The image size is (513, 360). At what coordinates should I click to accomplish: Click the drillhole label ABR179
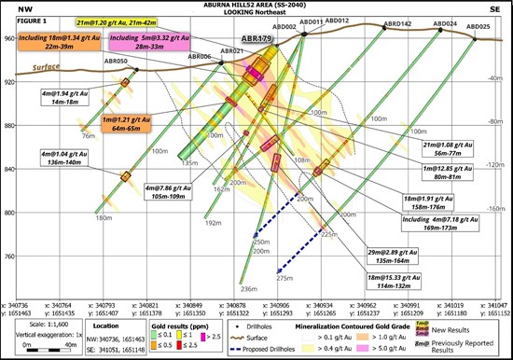pos(256,39)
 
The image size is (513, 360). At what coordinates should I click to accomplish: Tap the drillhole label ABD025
pos(479,27)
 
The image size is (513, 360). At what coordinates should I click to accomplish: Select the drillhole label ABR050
pos(116,61)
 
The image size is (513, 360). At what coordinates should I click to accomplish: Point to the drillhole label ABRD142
pos(398,23)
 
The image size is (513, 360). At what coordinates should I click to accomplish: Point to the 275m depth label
pos(284,278)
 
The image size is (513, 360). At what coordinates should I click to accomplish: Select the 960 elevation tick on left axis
pos(12,39)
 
